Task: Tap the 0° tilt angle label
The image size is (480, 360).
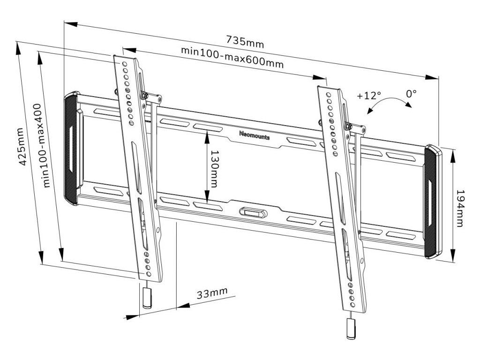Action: click(x=411, y=94)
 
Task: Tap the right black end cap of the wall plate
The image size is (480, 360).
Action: click(x=431, y=202)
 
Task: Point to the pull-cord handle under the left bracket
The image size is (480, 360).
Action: click(x=147, y=298)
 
